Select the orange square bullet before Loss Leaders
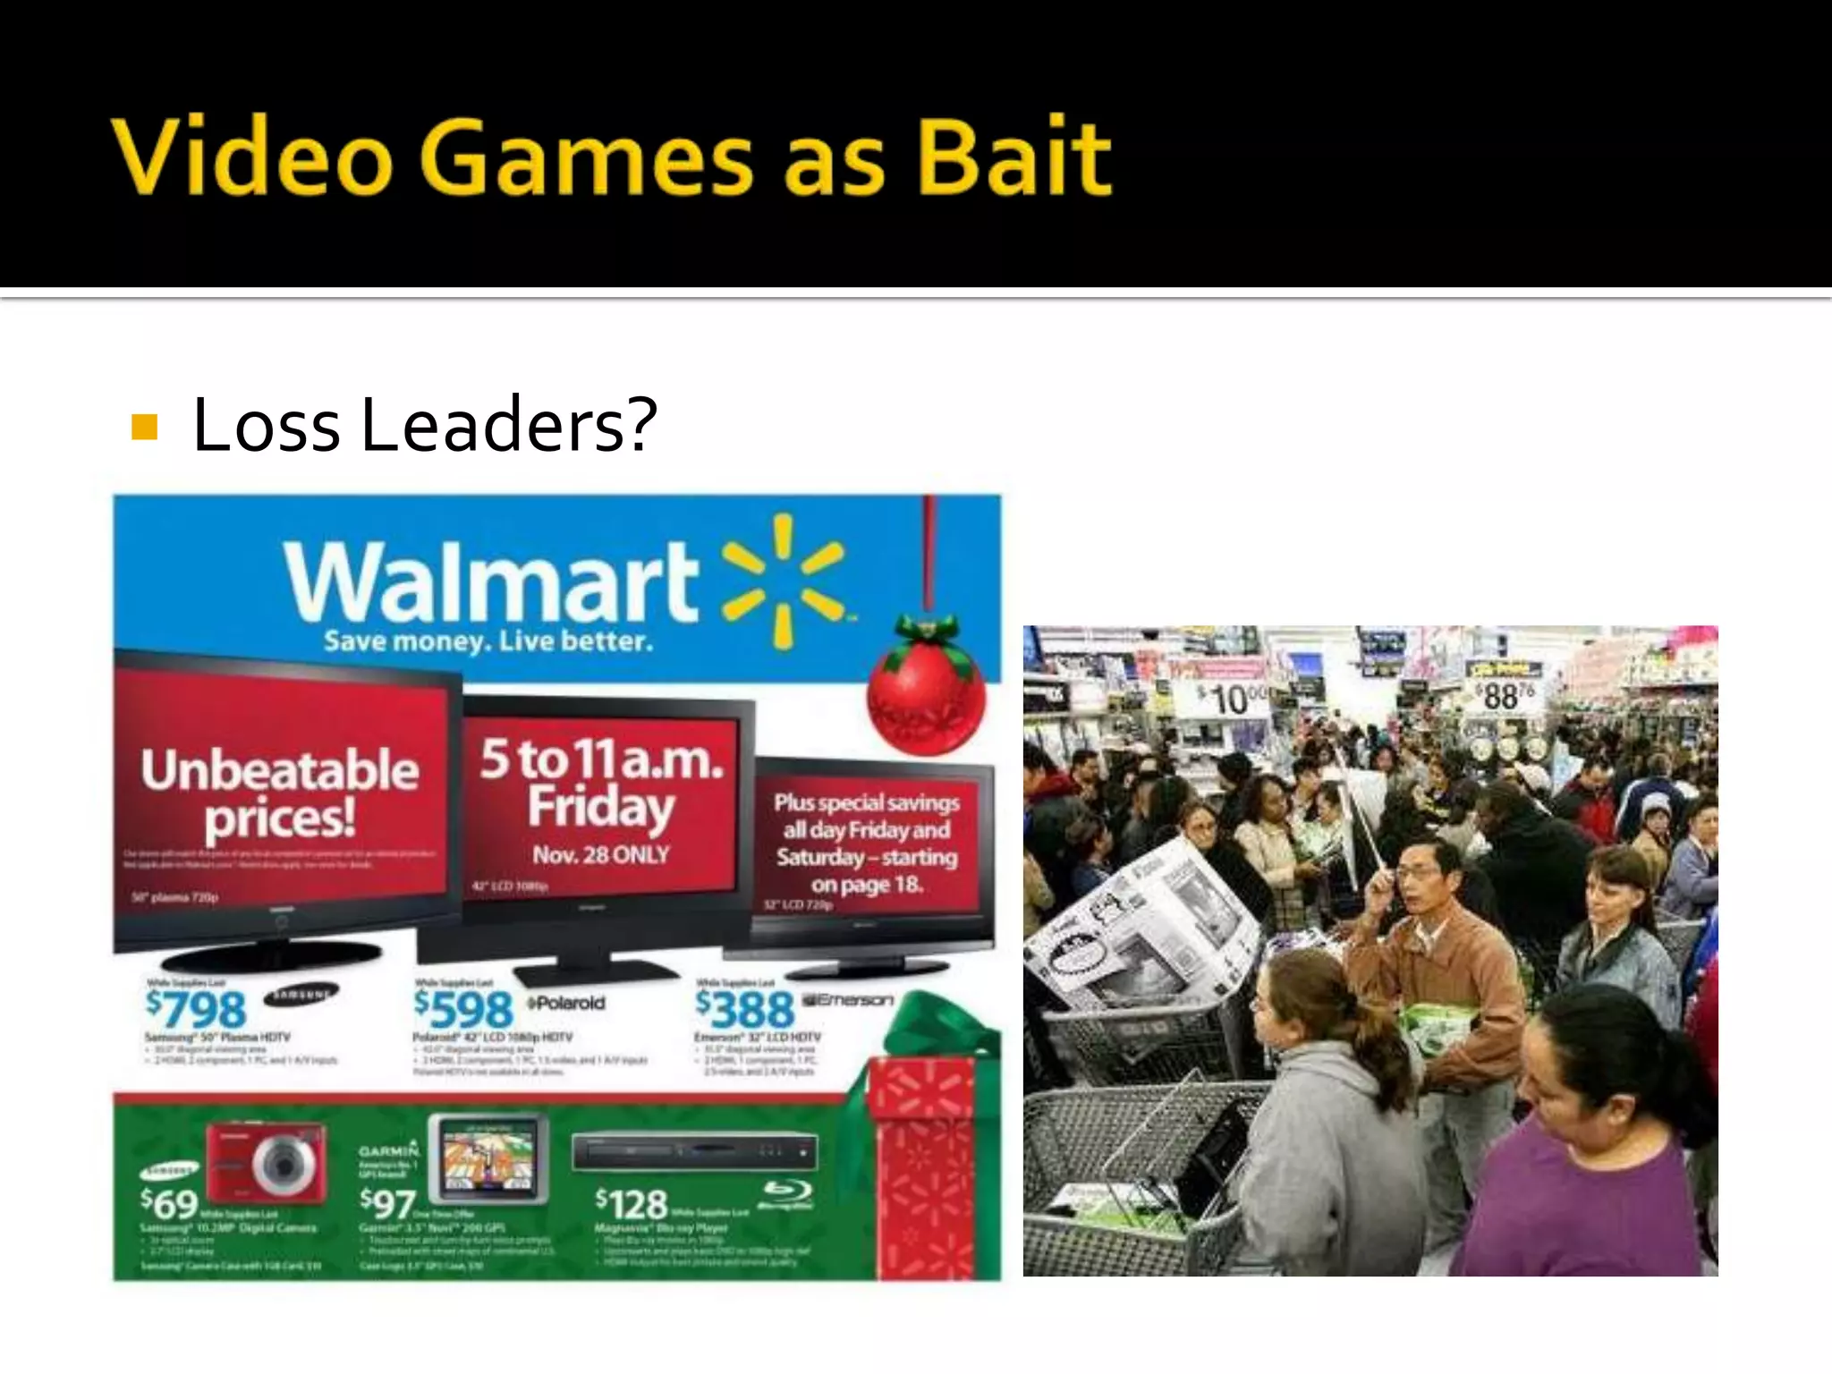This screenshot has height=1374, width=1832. tap(144, 428)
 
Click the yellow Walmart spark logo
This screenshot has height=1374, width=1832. tap(784, 581)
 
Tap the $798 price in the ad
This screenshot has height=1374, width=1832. tap(197, 1009)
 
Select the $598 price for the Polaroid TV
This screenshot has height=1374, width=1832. tap(463, 1009)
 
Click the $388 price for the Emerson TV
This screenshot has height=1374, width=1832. tap(745, 1009)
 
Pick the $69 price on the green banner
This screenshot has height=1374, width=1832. tap(169, 1204)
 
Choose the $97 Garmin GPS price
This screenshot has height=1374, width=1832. tap(386, 1204)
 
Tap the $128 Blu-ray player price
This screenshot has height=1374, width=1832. tap(632, 1204)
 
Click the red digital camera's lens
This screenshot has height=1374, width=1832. tap(284, 1166)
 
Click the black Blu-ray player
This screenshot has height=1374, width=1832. tap(694, 1152)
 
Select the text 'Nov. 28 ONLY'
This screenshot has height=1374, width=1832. tap(600, 855)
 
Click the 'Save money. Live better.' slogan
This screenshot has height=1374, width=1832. tap(488, 641)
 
